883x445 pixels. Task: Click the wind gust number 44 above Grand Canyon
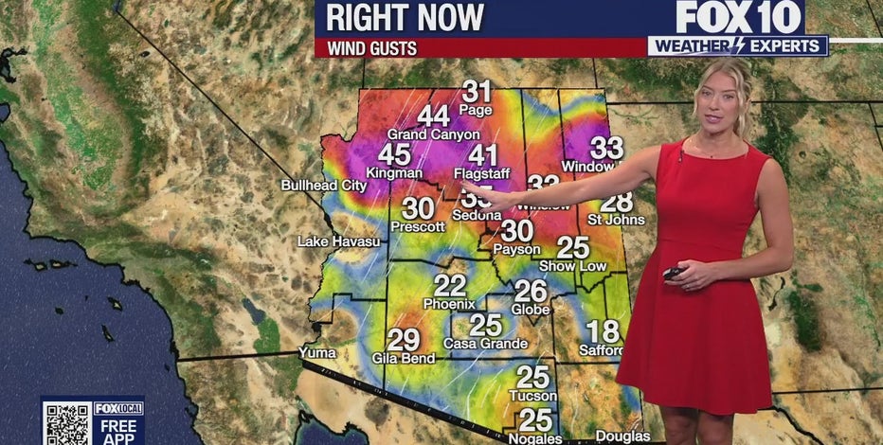click(433, 116)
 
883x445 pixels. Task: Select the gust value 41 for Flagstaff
click(482, 155)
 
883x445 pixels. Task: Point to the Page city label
click(476, 110)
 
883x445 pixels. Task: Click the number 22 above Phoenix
click(450, 285)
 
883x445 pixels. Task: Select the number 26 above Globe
click(531, 292)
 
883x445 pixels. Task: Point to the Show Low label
click(580, 266)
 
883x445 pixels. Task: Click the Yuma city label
click(317, 352)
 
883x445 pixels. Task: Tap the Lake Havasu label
click(338, 241)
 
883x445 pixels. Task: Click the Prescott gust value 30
click(418, 209)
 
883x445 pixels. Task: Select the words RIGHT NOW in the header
click(405, 17)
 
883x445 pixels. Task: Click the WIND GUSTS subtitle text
click(372, 47)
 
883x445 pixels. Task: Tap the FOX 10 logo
click(739, 17)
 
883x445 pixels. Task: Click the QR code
click(65, 422)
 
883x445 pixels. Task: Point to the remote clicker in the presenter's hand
click(672, 274)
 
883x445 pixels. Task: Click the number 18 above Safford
click(603, 331)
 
